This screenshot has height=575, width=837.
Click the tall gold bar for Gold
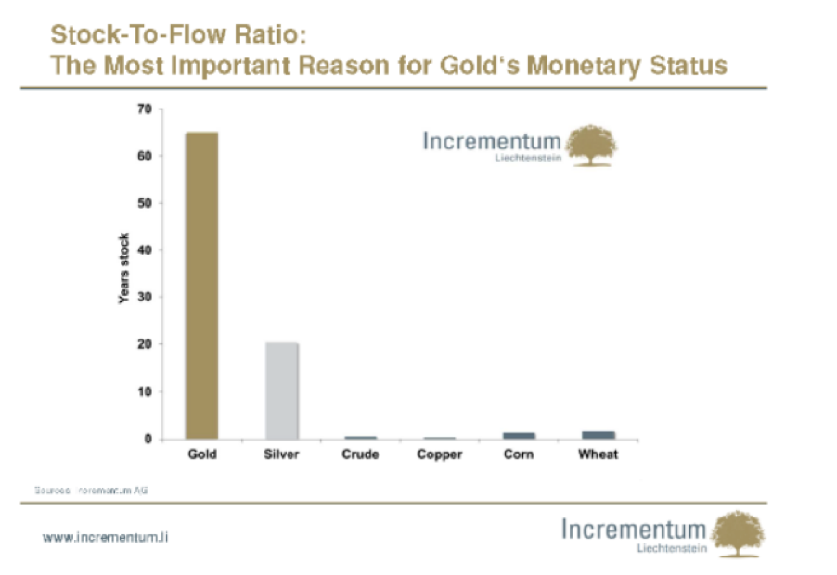201,285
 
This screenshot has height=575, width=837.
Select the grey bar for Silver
281,390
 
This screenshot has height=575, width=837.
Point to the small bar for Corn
518,435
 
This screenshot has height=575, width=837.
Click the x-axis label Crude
360,454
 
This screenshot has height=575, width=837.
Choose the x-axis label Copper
439,454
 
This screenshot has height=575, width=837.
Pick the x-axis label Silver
281,454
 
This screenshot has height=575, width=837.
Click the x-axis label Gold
201,454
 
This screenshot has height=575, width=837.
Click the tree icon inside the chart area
592,146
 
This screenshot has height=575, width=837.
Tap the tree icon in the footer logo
740,534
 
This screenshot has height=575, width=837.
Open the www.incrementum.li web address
105,537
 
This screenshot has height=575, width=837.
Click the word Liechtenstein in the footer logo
672,549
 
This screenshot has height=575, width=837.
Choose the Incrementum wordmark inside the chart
492,141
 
